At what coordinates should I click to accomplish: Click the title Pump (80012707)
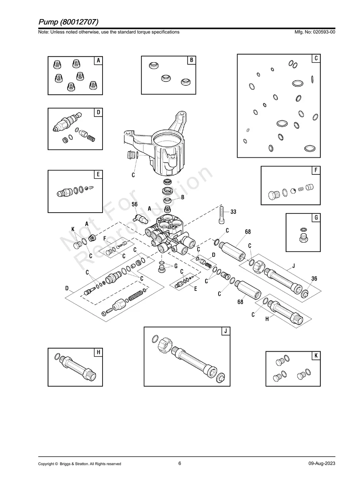(x=68, y=21)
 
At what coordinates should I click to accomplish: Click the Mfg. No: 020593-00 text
(x=314, y=32)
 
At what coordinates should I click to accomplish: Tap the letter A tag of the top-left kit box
(x=98, y=60)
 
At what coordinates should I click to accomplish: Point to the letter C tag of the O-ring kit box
(x=315, y=58)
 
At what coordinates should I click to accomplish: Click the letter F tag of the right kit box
(x=315, y=170)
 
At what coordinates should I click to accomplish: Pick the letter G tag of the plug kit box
(x=315, y=217)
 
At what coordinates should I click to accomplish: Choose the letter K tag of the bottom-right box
(x=315, y=356)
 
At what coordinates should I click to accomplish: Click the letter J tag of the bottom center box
(x=225, y=331)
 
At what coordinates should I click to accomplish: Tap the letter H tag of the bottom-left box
(x=98, y=352)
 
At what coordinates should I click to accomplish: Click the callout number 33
(x=233, y=212)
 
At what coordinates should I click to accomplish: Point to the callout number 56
(x=135, y=204)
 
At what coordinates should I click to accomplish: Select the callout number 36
(x=314, y=279)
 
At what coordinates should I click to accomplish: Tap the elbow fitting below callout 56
(x=140, y=217)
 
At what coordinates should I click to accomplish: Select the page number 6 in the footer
(x=180, y=463)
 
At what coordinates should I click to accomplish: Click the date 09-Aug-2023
(x=321, y=464)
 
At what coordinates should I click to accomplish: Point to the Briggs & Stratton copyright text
(x=79, y=464)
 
